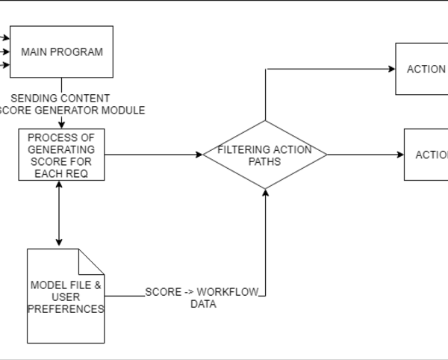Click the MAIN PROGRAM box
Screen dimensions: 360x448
(62, 52)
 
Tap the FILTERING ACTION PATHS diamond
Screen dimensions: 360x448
(265, 155)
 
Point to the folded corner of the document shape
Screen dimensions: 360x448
(92, 261)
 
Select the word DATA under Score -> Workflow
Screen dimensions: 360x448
(202, 304)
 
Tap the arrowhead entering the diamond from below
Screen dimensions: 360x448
(265, 192)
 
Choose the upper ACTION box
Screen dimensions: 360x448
(422, 69)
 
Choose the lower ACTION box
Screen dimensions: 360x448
(426, 155)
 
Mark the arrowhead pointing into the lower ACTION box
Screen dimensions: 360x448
(400, 155)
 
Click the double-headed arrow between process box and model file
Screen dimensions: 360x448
(58, 214)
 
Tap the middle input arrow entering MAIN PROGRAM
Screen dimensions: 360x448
(6, 52)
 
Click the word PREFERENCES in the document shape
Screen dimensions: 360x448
(66, 308)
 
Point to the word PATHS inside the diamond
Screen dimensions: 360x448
(265, 162)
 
